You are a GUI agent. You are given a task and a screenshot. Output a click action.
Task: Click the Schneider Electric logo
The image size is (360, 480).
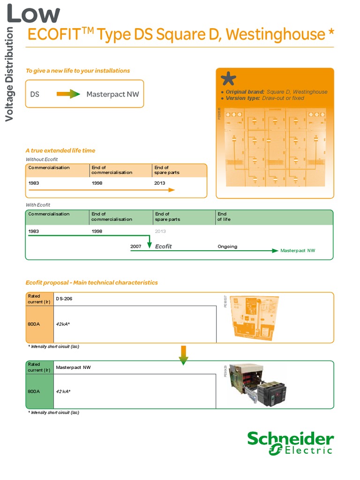click(x=291, y=443)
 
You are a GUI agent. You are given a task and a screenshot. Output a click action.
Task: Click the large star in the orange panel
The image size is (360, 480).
click(x=228, y=79)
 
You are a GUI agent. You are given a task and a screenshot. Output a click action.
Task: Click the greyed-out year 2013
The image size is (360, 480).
click(x=160, y=232)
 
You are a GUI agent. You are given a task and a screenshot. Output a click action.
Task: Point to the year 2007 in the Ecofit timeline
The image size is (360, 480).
click(x=135, y=247)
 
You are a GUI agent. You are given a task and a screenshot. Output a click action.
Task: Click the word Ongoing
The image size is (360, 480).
click(x=227, y=247)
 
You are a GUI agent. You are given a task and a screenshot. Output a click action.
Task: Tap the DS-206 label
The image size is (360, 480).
click(x=64, y=299)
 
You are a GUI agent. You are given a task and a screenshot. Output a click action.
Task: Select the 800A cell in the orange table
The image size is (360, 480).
click(x=34, y=324)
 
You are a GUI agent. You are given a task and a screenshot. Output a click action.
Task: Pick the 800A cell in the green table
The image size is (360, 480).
click(x=34, y=391)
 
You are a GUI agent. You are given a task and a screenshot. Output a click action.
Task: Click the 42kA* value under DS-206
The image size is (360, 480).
click(x=63, y=324)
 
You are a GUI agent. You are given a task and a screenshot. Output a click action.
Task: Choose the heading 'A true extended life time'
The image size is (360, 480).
click(x=60, y=150)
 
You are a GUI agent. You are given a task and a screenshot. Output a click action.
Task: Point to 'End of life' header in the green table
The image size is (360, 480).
click(x=224, y=217)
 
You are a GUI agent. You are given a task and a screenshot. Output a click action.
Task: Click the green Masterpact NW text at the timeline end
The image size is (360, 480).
click(x=298, y=251)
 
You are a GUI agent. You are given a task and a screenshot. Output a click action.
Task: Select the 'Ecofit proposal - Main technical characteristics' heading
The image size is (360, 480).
click(x=91, y=283)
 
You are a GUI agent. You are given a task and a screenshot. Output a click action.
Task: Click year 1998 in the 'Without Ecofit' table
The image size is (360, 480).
click(x=97, y=183)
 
